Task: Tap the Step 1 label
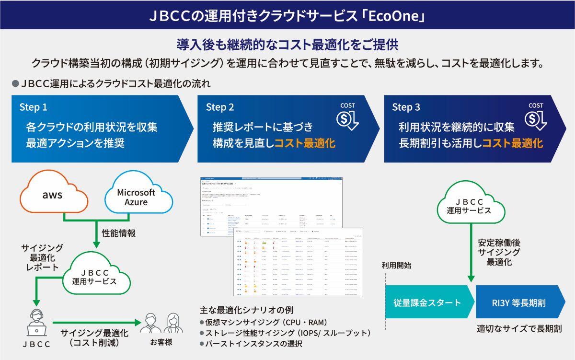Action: (x=34, y=107)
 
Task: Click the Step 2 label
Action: (x=220, y=107)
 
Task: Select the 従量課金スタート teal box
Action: (x=427, y=302)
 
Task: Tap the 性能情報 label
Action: (x=118, y=233)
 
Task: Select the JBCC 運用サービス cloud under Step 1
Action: (x=100, y=276)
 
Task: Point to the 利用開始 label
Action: (x=396, y=265)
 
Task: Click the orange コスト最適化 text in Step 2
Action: (x=305, y=143)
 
